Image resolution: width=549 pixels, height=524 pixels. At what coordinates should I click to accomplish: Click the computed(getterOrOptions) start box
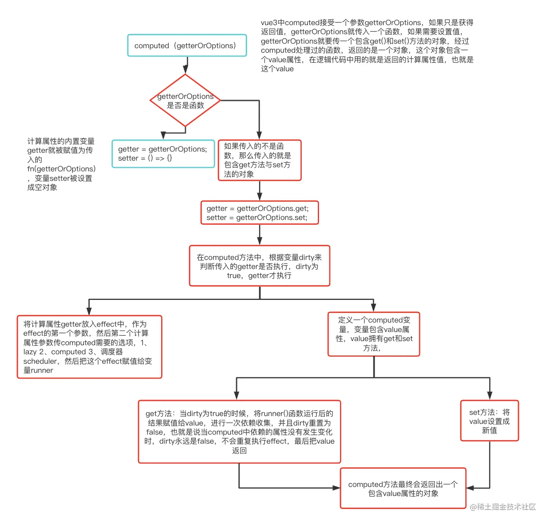tap(187, 46)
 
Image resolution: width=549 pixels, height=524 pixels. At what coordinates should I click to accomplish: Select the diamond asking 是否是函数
tap(185, 101)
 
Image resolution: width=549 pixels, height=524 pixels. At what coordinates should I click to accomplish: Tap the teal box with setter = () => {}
tap(163, 154)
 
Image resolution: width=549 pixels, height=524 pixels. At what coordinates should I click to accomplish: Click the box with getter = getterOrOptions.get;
tap(259, 213)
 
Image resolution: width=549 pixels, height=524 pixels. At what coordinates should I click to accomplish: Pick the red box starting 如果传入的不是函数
tap(259, 160)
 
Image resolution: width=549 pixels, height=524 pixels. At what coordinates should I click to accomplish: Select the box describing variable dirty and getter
tap(259, 266)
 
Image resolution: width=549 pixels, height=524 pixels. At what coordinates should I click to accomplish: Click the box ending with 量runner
tap(89, 347)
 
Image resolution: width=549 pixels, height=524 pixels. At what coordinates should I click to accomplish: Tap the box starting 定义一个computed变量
tap(373, 334)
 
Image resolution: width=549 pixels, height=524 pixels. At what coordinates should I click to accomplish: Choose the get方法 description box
tap(239, 432)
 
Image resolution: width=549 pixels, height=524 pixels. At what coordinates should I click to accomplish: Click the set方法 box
tap(489, 421)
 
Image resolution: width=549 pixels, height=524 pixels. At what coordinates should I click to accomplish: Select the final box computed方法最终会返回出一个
tap(403, 489)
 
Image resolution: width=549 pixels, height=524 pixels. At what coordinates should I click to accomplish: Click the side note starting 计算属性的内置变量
tap(61, 164)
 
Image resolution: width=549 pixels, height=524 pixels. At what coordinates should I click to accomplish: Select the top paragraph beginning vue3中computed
tap(367, 45)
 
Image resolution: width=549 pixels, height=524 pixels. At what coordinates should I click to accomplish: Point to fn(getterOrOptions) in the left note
tap(61, 169)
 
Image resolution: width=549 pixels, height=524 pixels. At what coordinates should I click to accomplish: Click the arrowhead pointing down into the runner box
tap(89, 312)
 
